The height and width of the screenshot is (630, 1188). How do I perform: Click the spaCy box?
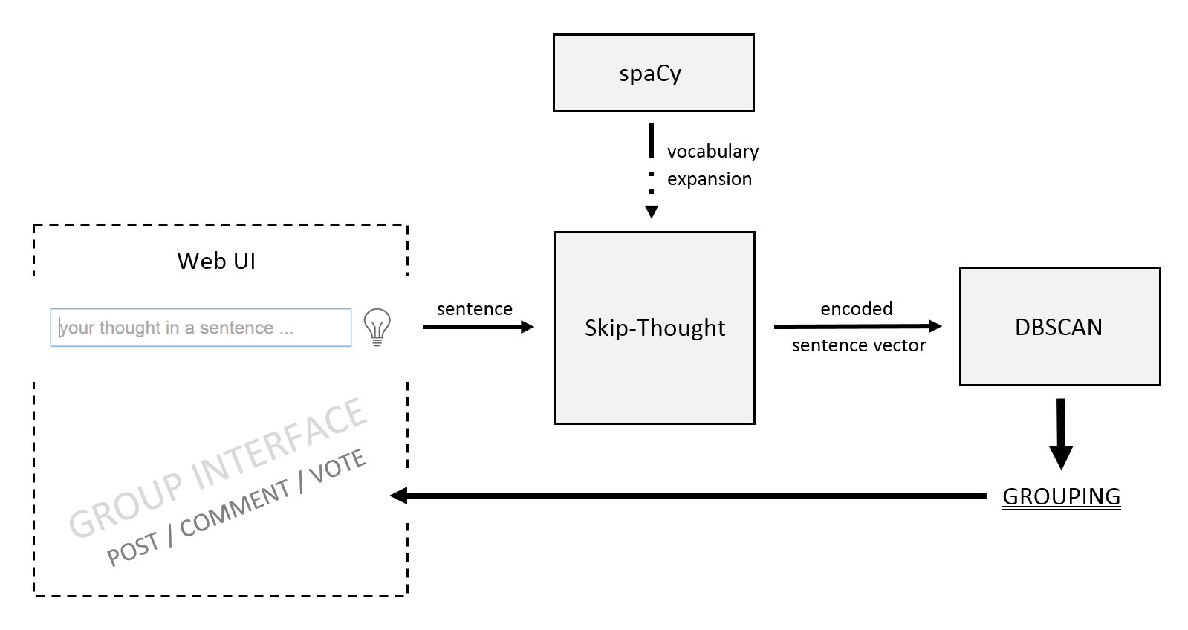coord(653,73)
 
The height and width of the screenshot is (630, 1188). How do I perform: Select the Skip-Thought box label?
coord(655,328)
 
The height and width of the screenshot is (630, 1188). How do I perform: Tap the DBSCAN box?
coord(1059,327)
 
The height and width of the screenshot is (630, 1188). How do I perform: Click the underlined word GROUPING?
coord(1061,496)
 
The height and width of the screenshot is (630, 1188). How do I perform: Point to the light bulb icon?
coord(377,326)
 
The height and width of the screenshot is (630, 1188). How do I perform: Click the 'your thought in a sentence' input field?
coord(201,328)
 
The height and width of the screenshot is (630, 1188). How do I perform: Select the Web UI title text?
coord(216,261)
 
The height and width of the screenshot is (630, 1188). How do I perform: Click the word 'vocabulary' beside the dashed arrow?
coord(713,152)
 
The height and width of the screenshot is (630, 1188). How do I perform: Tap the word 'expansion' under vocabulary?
coord(709,179)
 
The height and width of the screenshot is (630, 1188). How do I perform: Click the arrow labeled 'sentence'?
coord(478,327)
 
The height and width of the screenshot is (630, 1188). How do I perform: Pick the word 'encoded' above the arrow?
coord(856,308)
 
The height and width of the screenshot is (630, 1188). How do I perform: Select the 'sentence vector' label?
coord(858,345)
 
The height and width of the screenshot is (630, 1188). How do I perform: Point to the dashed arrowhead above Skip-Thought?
coord(652,212)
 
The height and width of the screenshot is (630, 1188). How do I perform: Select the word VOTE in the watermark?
coord(337,466)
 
